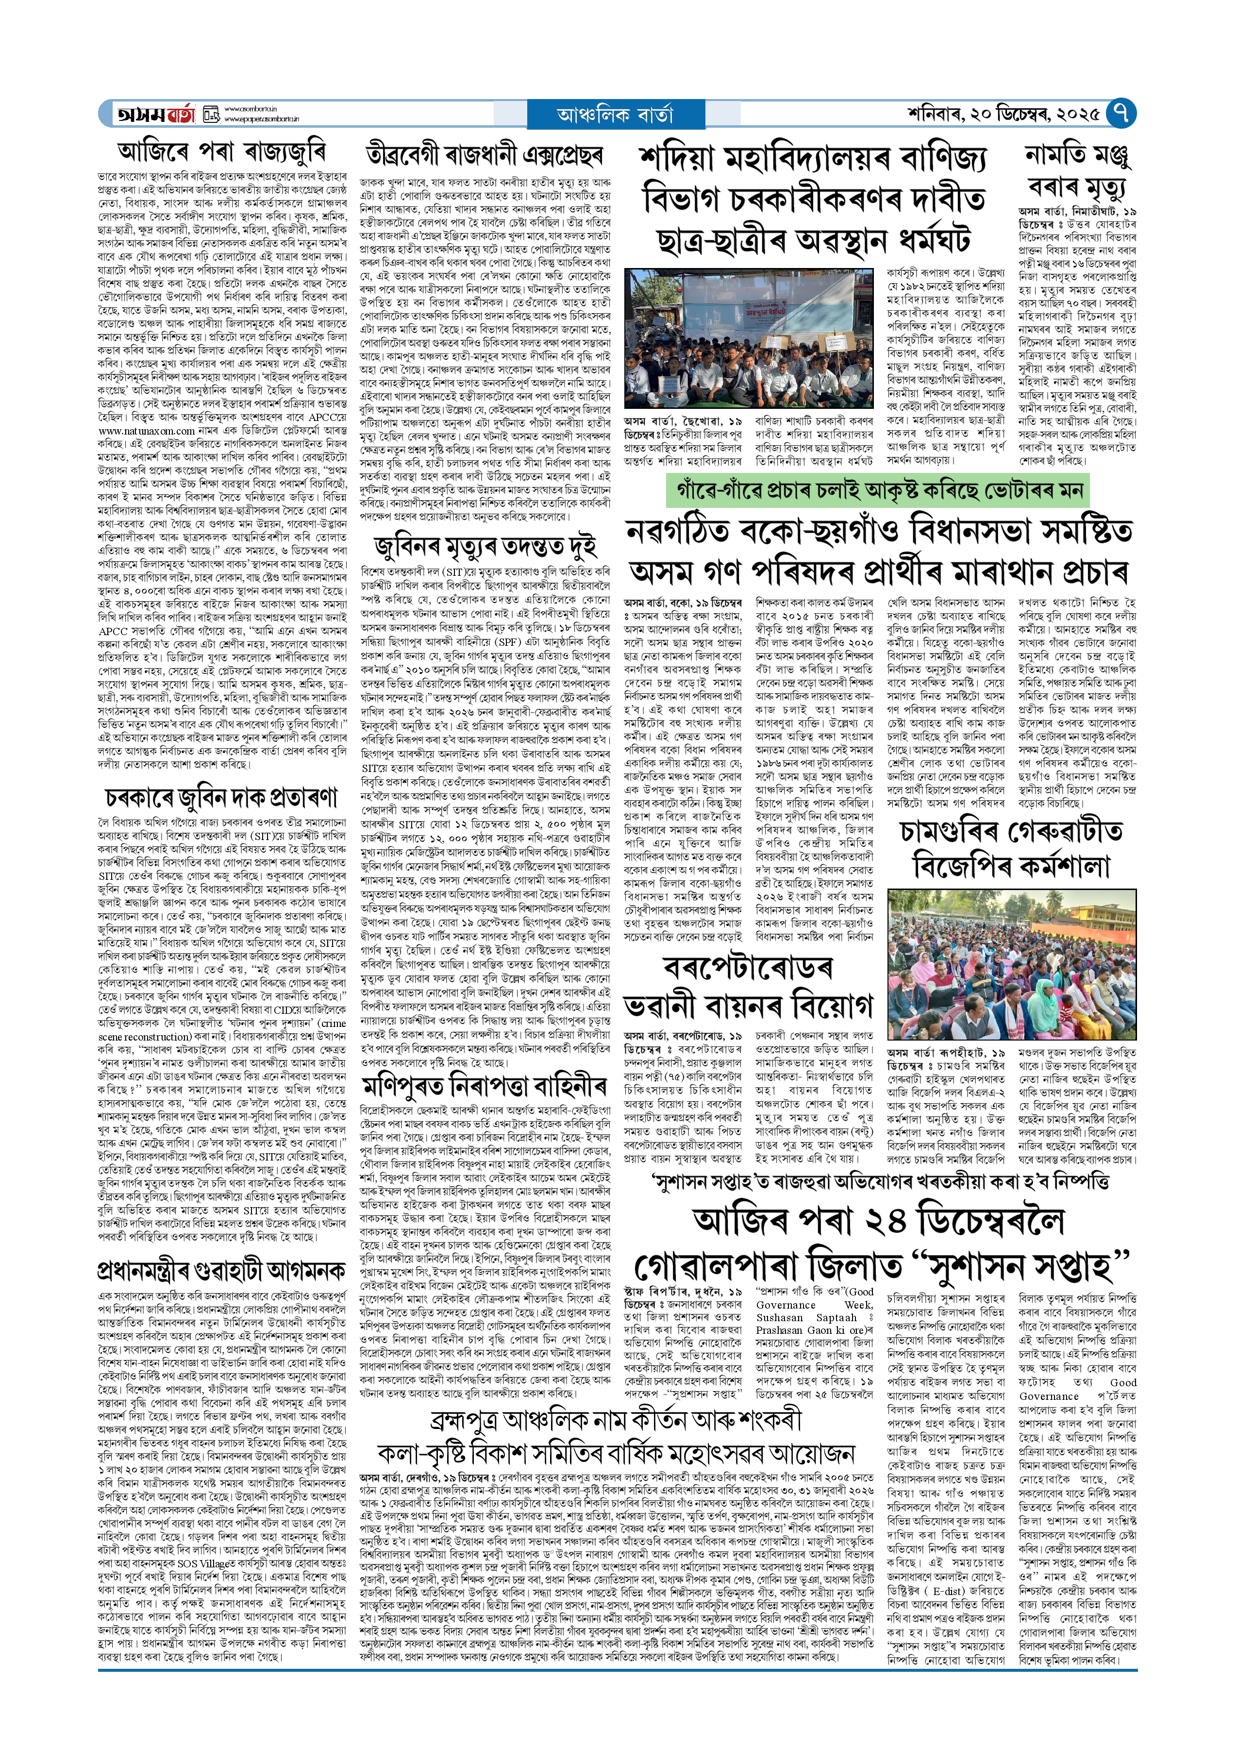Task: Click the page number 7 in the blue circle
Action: [x=1121, y=114]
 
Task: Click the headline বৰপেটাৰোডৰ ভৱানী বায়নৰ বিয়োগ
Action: [x=748, y=987]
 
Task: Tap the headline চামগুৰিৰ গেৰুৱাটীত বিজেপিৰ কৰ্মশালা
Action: [x=1012, y=848]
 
